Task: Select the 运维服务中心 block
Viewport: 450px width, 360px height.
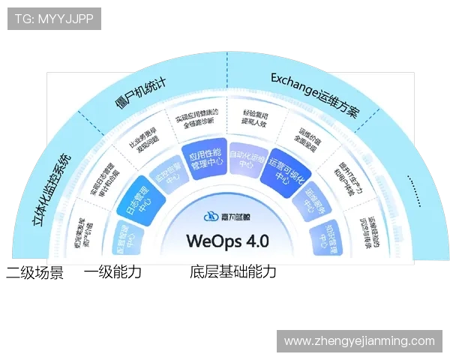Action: tap(313, 201)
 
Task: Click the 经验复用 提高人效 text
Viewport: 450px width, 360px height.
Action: tap(255, 119)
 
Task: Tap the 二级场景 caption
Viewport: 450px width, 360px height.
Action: tap(34, 272)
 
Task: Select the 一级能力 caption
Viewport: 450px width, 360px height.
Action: tap(112, 272)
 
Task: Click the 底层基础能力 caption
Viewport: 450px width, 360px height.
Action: tap(233, 272)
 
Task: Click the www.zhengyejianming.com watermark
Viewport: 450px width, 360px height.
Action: tap(359, 341)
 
